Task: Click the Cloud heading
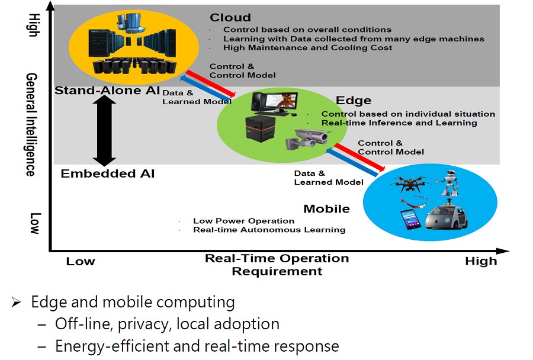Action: click(230, 18)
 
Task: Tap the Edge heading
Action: click(354, 101)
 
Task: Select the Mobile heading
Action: click(326, 208)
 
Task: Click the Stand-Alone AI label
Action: click(99, 91)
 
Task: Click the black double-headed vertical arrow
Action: click(105, 130)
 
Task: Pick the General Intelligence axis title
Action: click(31, 124)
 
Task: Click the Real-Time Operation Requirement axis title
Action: click(277, 265)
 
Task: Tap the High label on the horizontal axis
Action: click(481, 261)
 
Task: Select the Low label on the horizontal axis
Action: click(81, 261)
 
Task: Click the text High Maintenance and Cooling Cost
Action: click(307, 47)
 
